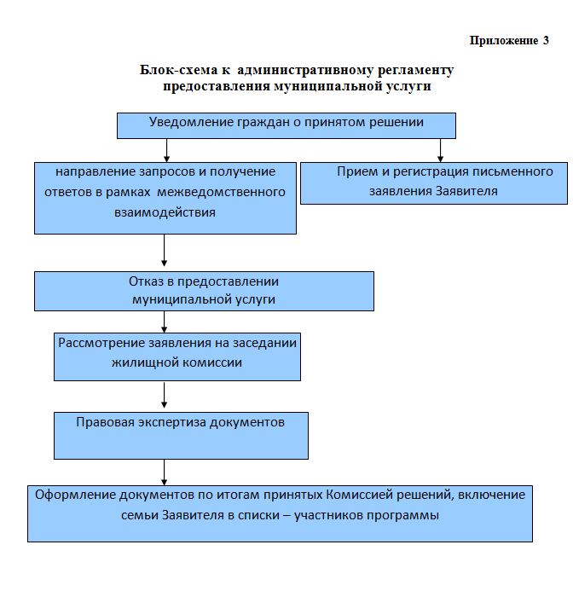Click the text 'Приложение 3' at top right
click(x=509, y=40)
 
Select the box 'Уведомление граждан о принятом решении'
click(x=286, y=125)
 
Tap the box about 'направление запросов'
click(x=165, y=198)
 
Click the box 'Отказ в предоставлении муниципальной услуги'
click(x=204, y=291)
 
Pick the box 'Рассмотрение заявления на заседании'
click(x=177, y=356)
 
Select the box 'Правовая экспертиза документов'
click(x=181, y=435)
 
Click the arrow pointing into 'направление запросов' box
click(x=166, y=151)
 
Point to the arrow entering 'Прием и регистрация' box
click(x=440, y=150)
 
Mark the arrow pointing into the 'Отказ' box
click(x=164, y=252)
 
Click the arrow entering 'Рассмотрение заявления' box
click(x=164, y=322)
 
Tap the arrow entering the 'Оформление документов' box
click(x=164, y=472)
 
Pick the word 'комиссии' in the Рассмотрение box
click(x=211, y=362)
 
